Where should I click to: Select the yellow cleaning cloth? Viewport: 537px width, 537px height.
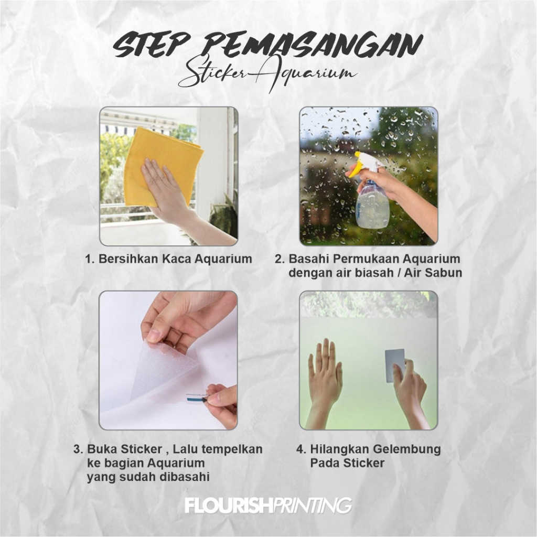click(160, 164)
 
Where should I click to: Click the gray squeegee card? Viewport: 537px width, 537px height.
click(395, 366)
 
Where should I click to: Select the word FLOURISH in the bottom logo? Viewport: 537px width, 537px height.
click(228, 506)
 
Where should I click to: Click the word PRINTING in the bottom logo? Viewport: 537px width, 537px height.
click(312, 506)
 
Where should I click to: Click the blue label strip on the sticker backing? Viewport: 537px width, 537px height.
click(196, 399)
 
